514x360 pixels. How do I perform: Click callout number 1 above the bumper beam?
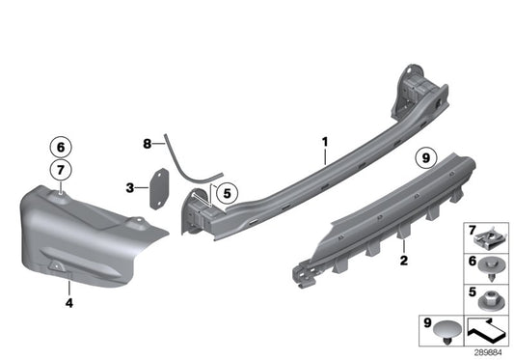pos(326,142)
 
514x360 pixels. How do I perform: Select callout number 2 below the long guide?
pos(403,261)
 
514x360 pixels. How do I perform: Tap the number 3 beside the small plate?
pos(130,186)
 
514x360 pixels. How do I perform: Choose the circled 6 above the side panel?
pos(60,148)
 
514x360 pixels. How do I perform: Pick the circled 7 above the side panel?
pos(60,172)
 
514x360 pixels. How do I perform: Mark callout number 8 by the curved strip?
pos(148,144)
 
